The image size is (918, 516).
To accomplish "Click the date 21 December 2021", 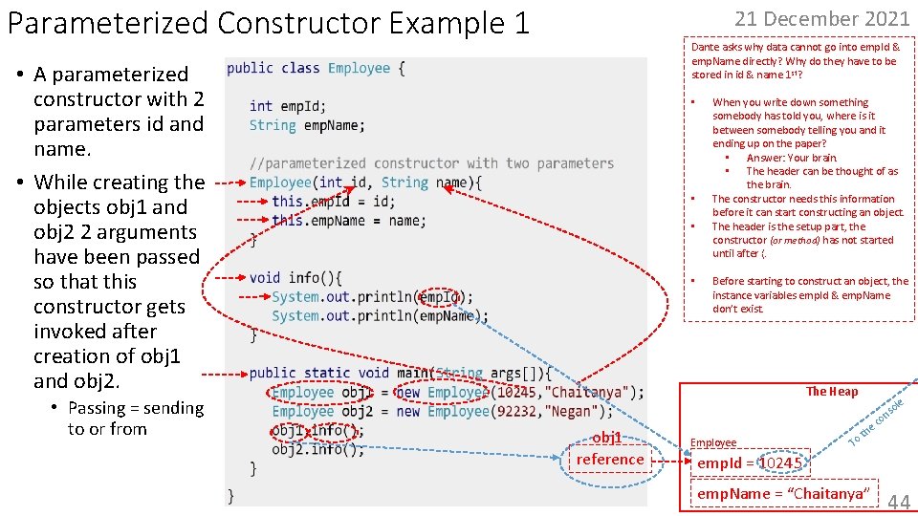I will coord(821,18).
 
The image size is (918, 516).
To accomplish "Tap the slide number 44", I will coord(898,502).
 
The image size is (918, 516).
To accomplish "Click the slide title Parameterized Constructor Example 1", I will coord(268,23).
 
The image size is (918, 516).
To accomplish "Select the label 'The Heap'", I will coord(831,391).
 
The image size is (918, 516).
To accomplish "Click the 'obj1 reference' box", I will coord(609,449).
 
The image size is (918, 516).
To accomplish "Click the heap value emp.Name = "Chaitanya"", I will coord(781,493).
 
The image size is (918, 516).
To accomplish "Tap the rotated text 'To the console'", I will coord(877,417).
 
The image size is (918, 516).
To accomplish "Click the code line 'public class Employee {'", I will coord(316,68).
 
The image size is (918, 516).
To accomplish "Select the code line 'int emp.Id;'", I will coord(288,106).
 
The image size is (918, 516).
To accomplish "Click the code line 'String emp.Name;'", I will coord(307,125).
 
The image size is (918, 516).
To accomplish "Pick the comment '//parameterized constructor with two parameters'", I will coord(431,163).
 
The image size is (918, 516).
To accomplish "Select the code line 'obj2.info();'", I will coord(317,449).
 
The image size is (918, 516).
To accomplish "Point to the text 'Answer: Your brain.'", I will coord(791,158).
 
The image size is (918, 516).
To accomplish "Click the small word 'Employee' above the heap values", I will coord(713,442).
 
